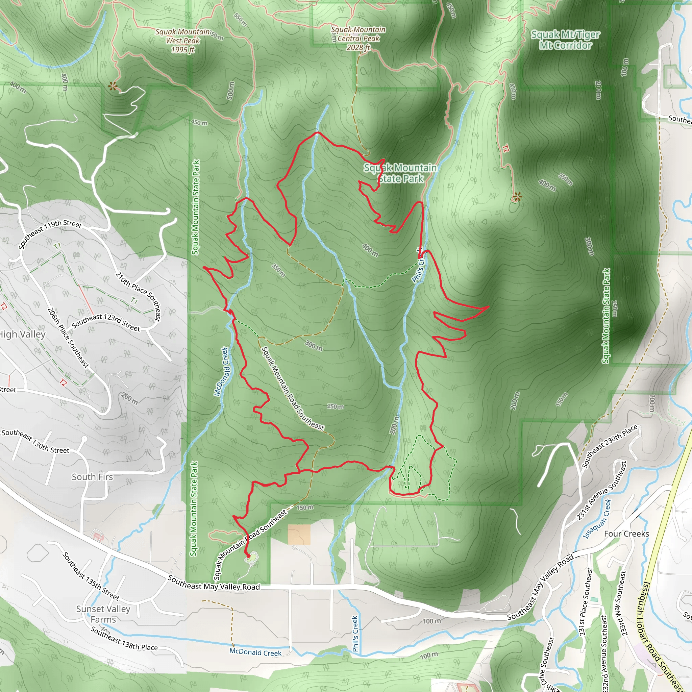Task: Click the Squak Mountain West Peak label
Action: pyautogui.click(x=182, y=41)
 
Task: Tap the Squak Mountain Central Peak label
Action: pyautogui.click(x=358, y=38)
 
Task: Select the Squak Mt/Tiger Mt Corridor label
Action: pyautogui.click(x=565, y=40)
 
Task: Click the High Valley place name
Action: pyautogui.click(x=22, y=334)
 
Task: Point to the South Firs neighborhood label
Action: pyautogui.click(x=92, y=477)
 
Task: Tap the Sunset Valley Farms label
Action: pyautogui.click(x=103, y=614)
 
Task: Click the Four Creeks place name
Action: pyautogui.click(x=626, y=534)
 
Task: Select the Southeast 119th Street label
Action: pyautogui.click(x=50, y=234)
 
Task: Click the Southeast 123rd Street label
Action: pyautogui.click(x=106, y=322)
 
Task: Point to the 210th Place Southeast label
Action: pyautogui.click(x=138, y=296)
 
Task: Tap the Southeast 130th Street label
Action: pyautogui.click(x=35, y=441)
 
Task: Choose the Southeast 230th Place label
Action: pyautogui.click(x=609, y=446)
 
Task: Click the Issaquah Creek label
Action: pyautogui.click(x=597, y=519)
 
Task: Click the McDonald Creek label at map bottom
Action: pyautogui.click(x=255, y=652)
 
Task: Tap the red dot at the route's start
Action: pyautogui.click(x=248, y=555)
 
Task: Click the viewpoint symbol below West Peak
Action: pyautogui.click(x=113, y=86)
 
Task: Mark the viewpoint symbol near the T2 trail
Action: pyautogui.click(x=517, y=196)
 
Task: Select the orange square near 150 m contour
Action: pyautogui.click(x=299, y=535)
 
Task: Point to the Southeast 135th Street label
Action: pyautogui.click(x=91, y=576)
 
